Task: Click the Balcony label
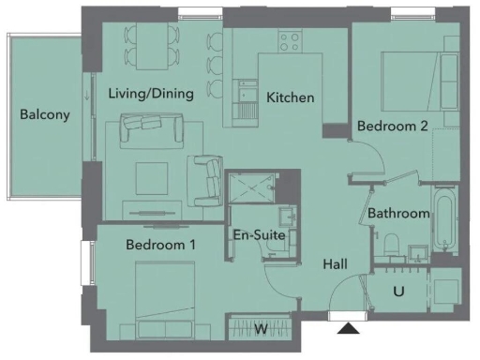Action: click(45, 115)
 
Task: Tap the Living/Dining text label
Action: click(150, 94)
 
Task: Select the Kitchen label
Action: click(291, 98)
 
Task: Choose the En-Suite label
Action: click(258, 235)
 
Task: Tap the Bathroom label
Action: click(398, 214)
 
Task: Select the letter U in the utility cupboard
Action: click(398, 292)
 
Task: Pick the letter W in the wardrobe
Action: click(262, 329)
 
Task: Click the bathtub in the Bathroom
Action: click(443, 223)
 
